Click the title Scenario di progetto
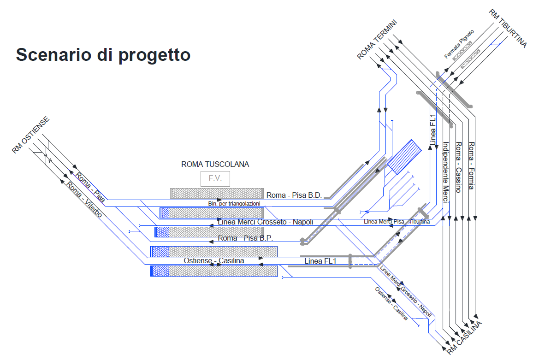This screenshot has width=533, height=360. coord(103,54)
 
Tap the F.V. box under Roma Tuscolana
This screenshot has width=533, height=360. coord(215,178)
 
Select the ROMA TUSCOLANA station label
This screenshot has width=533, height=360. coord(215,164)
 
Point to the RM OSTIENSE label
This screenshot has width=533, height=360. coord(30,135)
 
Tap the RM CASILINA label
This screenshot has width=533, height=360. coord(464,338)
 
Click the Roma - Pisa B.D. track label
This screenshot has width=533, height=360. coord(294,195)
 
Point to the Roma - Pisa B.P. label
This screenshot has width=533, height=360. coord(245,238)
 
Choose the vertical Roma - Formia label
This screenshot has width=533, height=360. coord(471,166)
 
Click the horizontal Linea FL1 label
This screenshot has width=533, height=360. coord(320,261)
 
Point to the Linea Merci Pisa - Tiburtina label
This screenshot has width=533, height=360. coord(397,222)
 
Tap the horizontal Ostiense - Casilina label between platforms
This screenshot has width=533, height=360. coord(214,261)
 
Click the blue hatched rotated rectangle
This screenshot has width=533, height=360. coord(405,157)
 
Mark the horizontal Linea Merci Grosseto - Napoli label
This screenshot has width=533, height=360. coord(265,222)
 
